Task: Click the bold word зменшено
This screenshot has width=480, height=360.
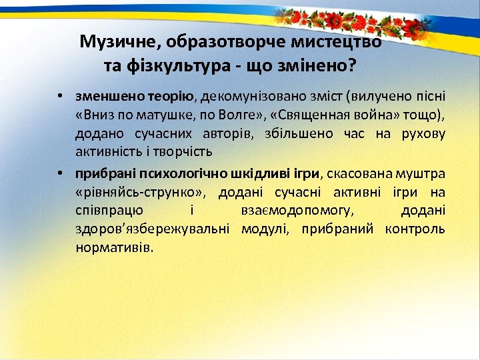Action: click(103, 96)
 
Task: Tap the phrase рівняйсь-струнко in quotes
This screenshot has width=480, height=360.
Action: click(142, 193)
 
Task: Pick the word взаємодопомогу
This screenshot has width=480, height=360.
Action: click(297, 211)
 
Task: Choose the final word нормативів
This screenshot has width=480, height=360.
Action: click(113, 248)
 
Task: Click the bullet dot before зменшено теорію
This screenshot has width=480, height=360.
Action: click(59, 96)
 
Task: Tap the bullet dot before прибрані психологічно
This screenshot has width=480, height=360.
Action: click(59, 175)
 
